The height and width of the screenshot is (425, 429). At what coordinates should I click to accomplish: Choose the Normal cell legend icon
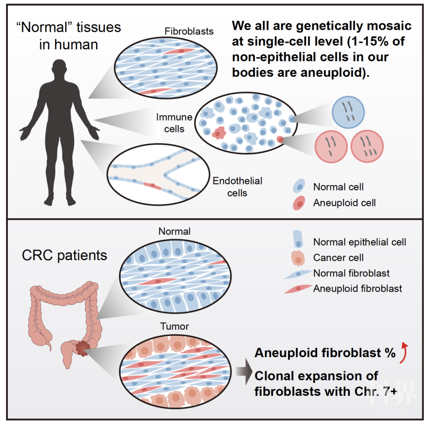pyautogui.click(x=300, y=187)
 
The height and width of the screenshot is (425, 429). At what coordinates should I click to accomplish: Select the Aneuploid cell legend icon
pyautogui.click(x=300, y=202)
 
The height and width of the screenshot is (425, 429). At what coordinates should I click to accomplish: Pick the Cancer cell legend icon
pyautogui.click(x=300, y=258)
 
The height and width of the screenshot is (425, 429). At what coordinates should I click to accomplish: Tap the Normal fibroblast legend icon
pyautogui.click(x=300, y=274)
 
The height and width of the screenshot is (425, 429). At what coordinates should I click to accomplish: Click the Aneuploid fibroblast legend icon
pyautogui.click(x=300, y=289)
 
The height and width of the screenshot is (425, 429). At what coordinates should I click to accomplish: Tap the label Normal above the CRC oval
pyautogui.click(x=175, y=231)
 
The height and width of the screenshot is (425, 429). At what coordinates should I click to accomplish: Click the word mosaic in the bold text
pyautogui.click(x=393, y=26)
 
